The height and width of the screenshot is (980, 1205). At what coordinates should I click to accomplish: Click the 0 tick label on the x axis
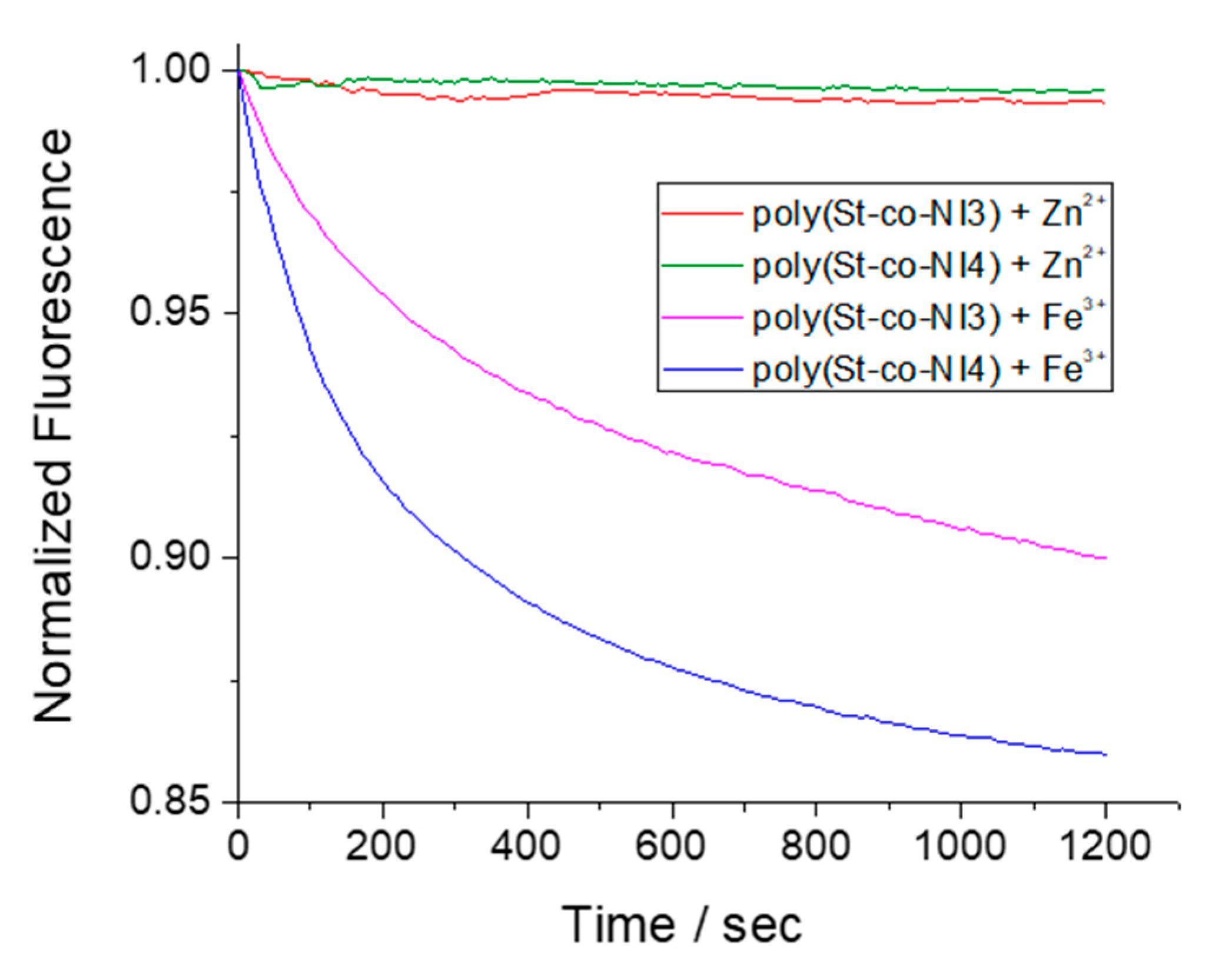click(x=238, y=846)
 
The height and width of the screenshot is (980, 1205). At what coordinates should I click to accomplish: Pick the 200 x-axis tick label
click(x=382, y=846)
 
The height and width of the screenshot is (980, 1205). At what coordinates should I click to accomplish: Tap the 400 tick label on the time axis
click(x=526, y=846)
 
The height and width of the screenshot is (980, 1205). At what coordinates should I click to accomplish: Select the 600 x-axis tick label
click(x=671, y=846)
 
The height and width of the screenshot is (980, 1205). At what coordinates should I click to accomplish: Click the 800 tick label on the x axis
click(x=815, y=846)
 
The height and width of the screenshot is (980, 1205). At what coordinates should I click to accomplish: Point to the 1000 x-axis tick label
click(x=960, y=846)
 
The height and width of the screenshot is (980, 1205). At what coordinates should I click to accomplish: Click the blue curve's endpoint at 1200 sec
click(x=1105, y=754)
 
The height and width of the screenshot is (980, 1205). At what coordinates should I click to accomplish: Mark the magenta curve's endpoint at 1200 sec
click(x=1105, y=557)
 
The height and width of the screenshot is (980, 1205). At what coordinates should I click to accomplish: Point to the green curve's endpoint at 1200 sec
click(x=1104, y=90)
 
